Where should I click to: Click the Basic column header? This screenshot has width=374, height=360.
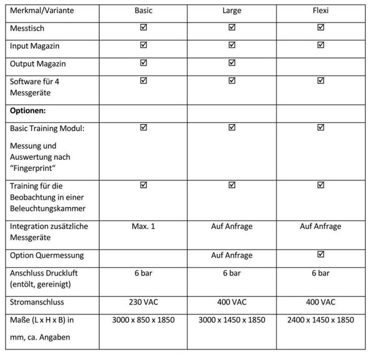[x=143, y=11]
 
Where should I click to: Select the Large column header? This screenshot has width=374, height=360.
[x=232, y=11]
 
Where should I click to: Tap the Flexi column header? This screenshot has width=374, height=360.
[x=320, y=11]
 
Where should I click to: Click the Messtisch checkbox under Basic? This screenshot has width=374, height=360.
[x=143, y=28]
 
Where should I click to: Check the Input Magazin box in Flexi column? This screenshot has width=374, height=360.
[x=321, y=45]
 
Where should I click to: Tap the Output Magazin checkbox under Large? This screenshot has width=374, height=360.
[x=232, y=62]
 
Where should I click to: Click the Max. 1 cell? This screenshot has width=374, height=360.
[x=143, y=226]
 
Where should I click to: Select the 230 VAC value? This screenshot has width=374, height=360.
[x=143, y=302]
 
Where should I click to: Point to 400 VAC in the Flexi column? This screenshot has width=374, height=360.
[x=320, y=302]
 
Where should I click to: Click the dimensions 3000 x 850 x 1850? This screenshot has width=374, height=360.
[x=143, y=320]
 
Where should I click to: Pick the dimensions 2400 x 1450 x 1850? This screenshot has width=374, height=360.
[x=320, y=320]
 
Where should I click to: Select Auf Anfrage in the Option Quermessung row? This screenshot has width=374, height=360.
[x=232, y=255]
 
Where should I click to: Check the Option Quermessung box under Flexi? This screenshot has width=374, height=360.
[x=321, y=254]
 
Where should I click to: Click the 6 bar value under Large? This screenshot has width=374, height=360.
[x=232, y=273]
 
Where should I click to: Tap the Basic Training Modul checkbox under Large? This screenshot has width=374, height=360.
[x=232, y=127]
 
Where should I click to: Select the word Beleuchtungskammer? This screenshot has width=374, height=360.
[x=47, y=208]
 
